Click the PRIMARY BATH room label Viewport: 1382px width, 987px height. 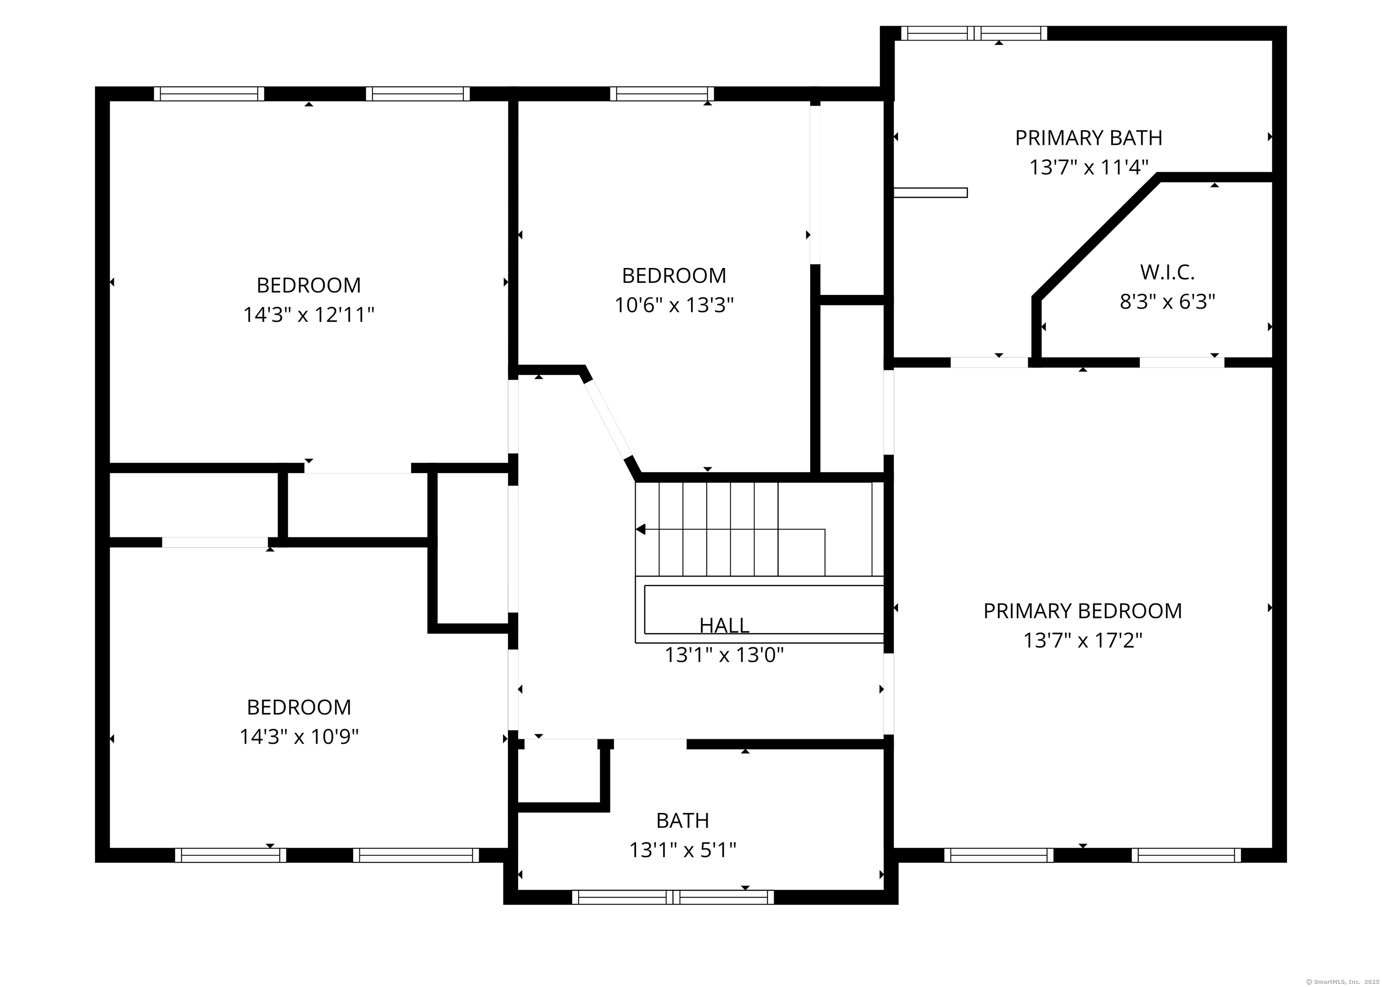click(1088, 138)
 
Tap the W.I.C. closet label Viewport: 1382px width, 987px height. click(1167, 272)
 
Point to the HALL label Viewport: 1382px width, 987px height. click(724, 625)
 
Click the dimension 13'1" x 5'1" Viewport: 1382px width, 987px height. click(683, 850)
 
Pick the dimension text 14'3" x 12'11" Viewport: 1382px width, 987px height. click(309, 314)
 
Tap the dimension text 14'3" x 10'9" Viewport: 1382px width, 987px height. click(299, 737)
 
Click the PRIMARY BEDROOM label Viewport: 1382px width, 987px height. click(1083, 611)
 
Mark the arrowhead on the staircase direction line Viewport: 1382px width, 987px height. click(640, 529)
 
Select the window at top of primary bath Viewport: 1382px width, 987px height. click(974, 33)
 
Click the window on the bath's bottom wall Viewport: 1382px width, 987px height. click(673, 897)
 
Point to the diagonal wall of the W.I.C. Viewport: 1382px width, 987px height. click(1096, 237)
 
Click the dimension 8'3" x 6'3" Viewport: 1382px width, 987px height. click(1167, 301)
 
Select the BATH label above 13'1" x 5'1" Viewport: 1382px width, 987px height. click(683, 821)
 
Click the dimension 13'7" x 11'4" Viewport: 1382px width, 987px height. click(1088, 167)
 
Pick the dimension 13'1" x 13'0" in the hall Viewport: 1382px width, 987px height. click(724, 655)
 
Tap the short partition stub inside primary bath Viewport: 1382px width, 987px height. click(930, 192)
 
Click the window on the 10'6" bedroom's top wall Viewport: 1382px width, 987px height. click(662, 94)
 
